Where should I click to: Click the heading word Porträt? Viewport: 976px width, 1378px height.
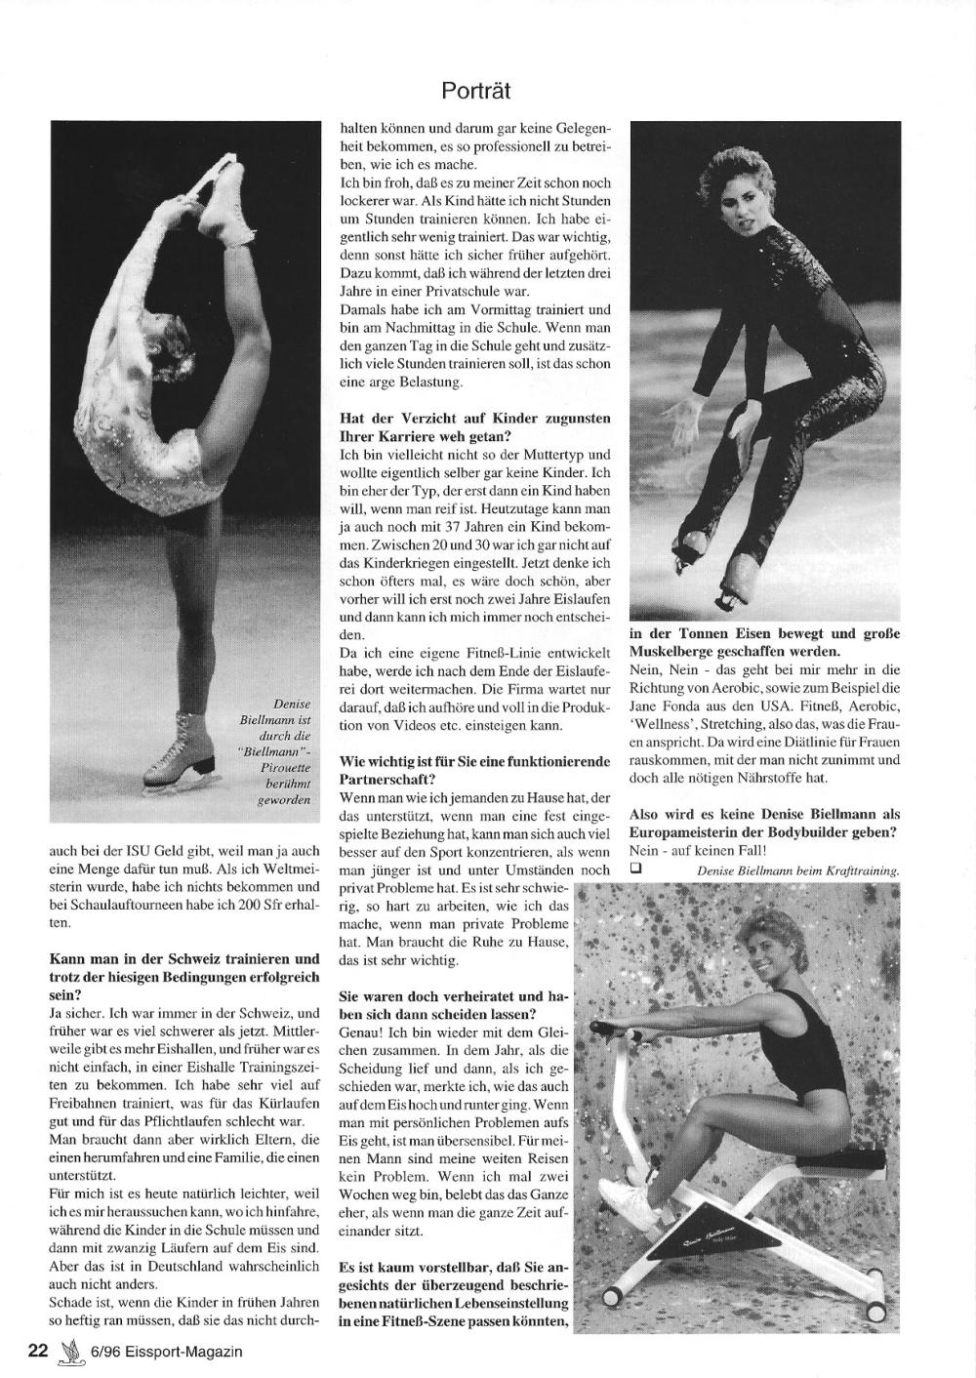(475, 91)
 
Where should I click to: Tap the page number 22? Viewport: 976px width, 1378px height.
(38, 1351)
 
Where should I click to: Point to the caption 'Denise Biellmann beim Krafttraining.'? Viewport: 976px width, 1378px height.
(797, 871)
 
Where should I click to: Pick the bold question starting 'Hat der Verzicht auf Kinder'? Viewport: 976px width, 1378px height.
(474, 426)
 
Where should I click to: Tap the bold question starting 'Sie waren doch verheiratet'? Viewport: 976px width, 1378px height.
(453, 1005)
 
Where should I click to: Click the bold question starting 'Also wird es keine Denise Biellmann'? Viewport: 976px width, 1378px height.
(764, 822)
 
